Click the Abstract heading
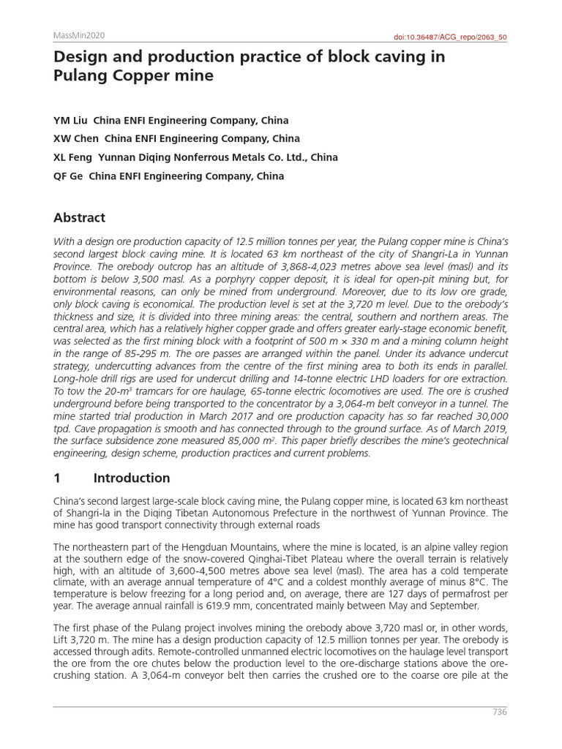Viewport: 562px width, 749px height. tap(79, 217)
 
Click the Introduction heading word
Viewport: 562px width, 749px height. tap(131, 478)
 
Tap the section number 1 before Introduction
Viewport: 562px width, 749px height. tap(57, 478)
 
